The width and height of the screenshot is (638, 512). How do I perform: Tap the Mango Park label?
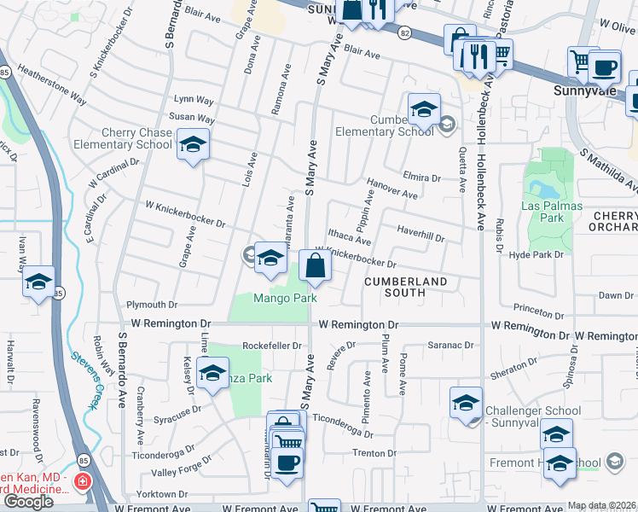(x=285, y=298)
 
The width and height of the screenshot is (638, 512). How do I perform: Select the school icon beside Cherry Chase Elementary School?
(x=193, y=144)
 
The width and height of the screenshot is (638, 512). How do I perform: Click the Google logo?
(x=28, y=501)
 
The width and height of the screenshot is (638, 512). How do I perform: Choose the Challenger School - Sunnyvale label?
(x=533, y=417)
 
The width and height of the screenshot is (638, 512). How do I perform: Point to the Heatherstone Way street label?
(x=52, y=85)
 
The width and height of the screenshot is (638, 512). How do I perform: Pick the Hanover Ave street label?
(x=391, y=188)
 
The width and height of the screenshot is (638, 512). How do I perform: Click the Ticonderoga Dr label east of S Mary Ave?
(x=344, y=422)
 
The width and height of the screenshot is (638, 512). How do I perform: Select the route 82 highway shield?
(x=403, y=32)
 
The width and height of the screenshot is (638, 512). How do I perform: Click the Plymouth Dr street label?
(x=151, y=305)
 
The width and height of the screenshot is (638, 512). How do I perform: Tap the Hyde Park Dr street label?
(x=536, y=254)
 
